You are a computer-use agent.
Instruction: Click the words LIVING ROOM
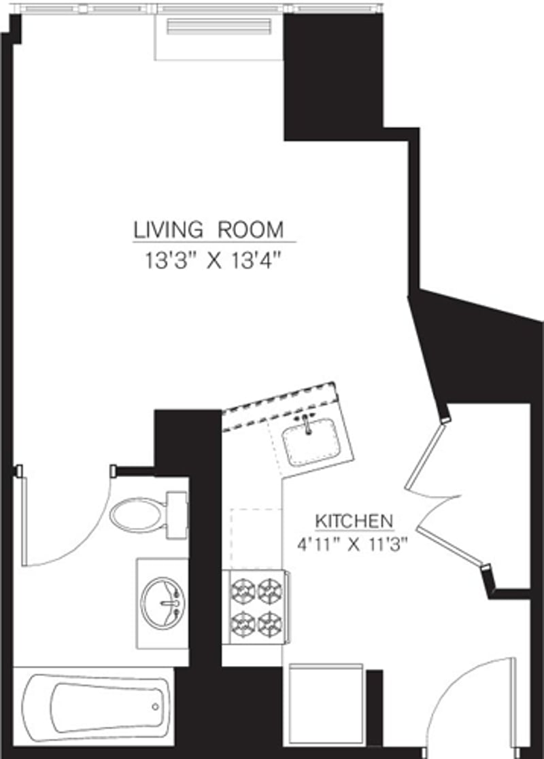[209, 230]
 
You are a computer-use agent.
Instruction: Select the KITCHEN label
[354, 521]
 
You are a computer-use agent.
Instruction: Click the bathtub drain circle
[156, 707]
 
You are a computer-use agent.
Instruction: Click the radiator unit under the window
[219, 29]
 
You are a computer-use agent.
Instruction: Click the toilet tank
[177, 516]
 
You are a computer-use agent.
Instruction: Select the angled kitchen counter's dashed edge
[279, 401]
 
